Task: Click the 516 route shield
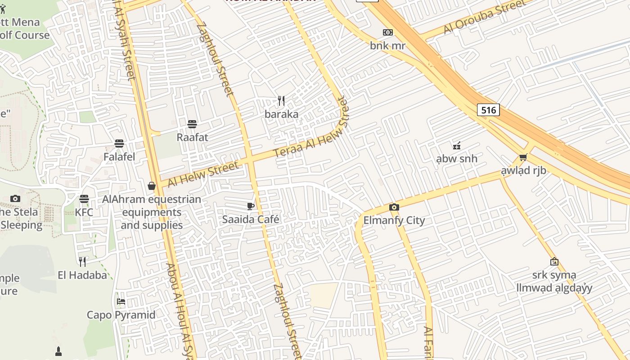[x=488, y=110]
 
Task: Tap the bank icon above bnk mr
[x=387, y=32]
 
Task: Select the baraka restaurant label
[x=281, y=114]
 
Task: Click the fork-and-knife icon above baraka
[x=281, y=100]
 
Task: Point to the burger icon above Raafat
[x=192, y=124]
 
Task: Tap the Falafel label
[x=119, y=157]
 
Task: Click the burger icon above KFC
[x=84, y=198]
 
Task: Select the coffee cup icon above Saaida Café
[x=251, y=206]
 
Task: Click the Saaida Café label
[x=251, y=220]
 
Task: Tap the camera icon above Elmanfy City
[x=394, y=207]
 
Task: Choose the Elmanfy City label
[x=394, y=220]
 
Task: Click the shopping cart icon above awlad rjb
[x=523, y=157]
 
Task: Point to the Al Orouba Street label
[x=484, y=17]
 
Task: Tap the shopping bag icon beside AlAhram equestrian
[x=152, y=186]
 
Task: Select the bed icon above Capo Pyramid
[x=121, y=301]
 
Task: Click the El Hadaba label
[x=82, y=275]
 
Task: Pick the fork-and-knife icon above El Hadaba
[x=82, y=261]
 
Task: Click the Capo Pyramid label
[x=121, y=315]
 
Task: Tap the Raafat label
[x=192, y=137]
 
